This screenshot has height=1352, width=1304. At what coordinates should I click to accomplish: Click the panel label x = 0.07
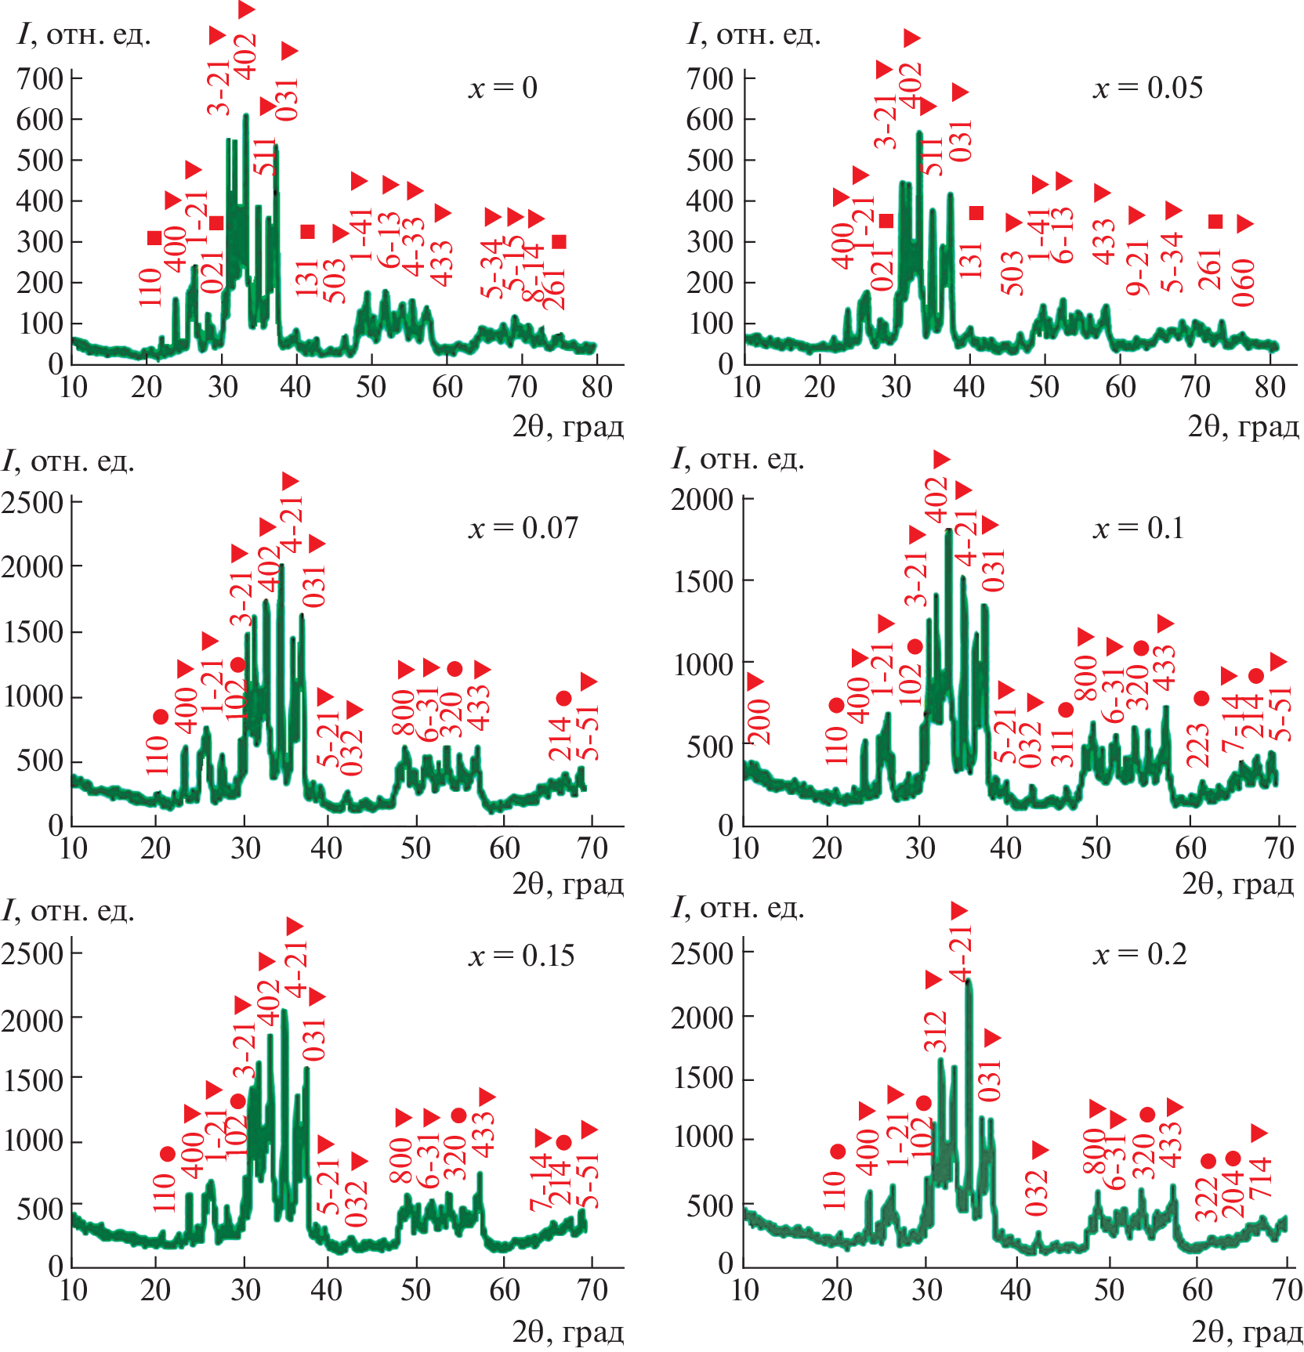523,529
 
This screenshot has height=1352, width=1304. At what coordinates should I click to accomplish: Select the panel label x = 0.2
1139,955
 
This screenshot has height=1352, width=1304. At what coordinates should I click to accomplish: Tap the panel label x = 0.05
1147,88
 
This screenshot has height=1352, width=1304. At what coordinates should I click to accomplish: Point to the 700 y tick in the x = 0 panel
40,78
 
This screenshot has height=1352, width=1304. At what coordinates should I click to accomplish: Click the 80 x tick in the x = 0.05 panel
1270,387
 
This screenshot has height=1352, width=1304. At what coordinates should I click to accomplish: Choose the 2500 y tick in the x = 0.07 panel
32,503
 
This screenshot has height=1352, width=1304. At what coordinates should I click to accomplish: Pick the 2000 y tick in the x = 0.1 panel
702,500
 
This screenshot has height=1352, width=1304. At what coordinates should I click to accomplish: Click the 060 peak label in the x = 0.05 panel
1244,283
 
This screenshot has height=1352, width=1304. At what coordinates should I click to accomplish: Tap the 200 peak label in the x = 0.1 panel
759,721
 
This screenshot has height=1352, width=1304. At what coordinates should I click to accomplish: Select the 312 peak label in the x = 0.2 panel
936,1032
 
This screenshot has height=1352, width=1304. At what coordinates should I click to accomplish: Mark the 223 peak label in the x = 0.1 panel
1198,745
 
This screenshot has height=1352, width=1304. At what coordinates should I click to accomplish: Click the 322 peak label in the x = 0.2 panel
1207,1199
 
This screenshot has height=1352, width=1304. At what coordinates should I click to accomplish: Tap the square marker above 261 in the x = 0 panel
559,241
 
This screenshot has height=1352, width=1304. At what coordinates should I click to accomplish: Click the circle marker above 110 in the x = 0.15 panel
167,1154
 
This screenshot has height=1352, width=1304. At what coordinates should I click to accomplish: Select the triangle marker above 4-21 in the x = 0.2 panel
959,911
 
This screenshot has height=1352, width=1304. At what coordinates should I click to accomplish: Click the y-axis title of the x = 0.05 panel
753,35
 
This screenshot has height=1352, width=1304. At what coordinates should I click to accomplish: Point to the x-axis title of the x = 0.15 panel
567,1331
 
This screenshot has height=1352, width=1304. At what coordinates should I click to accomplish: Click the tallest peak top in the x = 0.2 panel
969,981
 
